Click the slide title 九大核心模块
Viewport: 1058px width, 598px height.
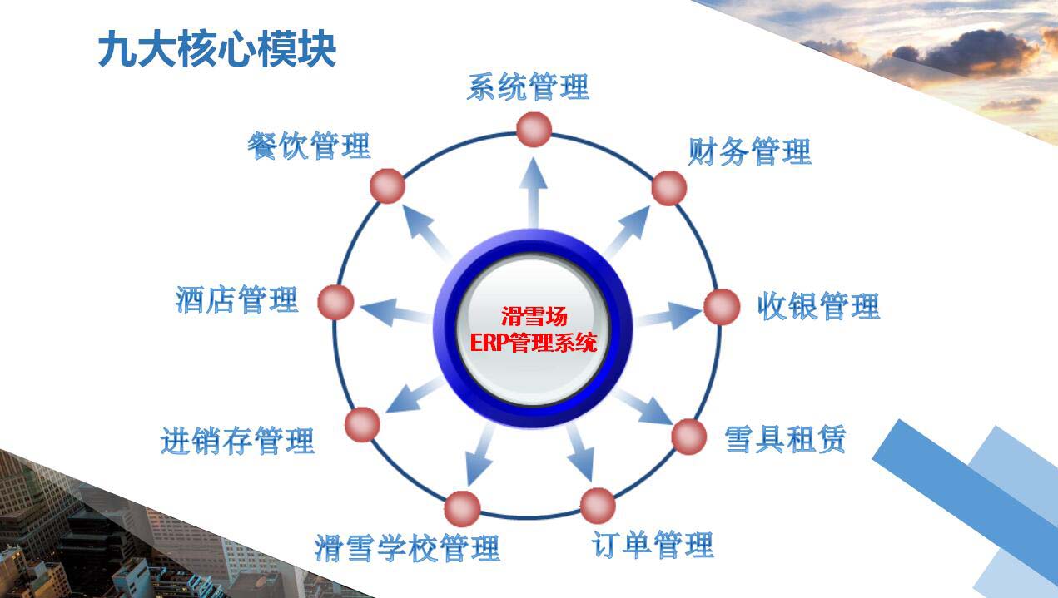[x=217, y=48]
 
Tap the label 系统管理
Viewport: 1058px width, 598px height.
[x=528, y=86]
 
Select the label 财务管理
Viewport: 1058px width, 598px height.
[x=749, y=151]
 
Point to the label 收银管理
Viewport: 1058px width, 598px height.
[x=818, y=305]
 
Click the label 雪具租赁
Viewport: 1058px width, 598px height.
[x=785, y=439]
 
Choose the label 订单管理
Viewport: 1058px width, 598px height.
[x=653, y=544]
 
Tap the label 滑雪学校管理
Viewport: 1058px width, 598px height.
[x=407, y=547]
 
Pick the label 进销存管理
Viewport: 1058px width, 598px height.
[x=237, y=440]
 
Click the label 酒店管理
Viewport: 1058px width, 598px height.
[x=236, y=299]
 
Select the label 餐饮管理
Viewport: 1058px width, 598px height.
[x=309, y=146]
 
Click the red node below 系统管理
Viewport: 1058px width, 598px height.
[x=534, y=129]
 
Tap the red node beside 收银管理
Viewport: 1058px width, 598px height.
[x=722, y=307]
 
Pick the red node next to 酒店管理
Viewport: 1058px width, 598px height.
[x=335, y=303]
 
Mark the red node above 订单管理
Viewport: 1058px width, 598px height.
[x=598, y=506]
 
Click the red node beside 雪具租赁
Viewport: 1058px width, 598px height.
[x=688, y=437]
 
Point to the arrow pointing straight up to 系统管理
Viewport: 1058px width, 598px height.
[x=534, y=193]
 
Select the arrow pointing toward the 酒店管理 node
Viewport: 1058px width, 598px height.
[x=395, y=312]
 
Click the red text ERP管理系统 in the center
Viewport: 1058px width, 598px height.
[x=534, y=342]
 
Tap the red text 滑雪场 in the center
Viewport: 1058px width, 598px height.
[x=534, y=316]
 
